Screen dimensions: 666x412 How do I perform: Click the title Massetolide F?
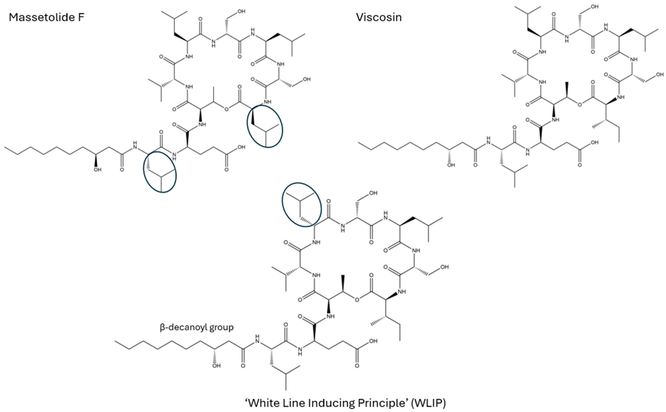pyautogui.click(x=46, y=18)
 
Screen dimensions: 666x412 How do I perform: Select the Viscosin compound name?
pyautogui.click(x=379, y=18)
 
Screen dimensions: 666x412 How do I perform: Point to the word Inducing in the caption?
pyautogui.click(x=330, y=403)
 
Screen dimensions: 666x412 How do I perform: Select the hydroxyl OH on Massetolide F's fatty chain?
pyautogui.click(x=97, y=170)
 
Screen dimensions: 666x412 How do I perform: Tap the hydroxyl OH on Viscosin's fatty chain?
pyautogui.click(x=451, y=165)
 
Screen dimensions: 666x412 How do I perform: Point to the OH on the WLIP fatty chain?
pyautogui.click(x=217, y=366)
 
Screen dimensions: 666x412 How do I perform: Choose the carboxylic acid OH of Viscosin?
pyautogui.click(x=595, y=142)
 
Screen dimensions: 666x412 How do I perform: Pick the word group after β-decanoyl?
pyautogui.click(x=223, y=327)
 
